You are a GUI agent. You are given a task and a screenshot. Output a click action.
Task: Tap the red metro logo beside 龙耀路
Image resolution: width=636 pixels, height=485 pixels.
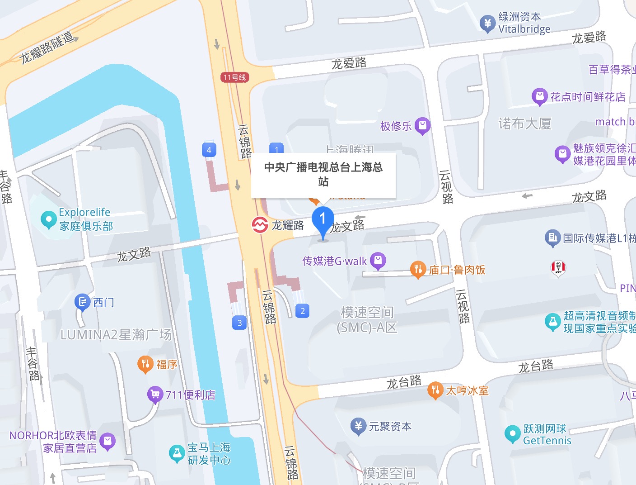[260, 224]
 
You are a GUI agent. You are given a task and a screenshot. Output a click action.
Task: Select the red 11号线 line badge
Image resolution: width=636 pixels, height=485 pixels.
[235, 77]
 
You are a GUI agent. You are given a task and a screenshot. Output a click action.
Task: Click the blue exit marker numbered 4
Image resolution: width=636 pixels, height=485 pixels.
[209, 150]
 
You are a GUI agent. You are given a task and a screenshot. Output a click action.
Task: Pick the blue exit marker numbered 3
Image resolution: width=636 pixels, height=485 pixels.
[239, 323]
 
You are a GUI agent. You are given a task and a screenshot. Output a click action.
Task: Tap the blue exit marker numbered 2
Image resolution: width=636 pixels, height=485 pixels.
[303, 311]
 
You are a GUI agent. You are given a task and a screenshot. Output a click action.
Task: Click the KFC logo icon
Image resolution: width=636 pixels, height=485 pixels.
[558, 267]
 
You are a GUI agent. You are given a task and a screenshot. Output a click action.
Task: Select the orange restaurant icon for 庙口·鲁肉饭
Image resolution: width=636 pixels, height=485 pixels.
[418, 270]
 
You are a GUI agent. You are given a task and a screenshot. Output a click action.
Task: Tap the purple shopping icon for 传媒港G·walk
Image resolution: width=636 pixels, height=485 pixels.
[378, 261]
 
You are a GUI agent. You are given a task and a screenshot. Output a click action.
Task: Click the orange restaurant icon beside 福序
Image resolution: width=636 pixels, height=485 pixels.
[145, 364]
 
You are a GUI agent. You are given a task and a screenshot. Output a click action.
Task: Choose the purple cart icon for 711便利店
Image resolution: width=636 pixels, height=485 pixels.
[155, 395]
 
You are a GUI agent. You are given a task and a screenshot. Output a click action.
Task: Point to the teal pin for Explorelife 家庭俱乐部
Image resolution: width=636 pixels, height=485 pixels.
[48, 219]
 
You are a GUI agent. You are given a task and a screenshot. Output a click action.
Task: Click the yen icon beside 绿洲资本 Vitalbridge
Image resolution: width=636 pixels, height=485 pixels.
[487, 23]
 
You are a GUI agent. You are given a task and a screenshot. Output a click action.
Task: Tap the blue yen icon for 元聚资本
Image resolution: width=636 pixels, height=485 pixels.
[358, 426]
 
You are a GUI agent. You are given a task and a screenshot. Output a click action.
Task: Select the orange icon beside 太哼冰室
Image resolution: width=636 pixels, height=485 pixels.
[435, 390]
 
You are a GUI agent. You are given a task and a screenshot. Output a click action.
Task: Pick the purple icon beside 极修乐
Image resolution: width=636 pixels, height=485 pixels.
[422, 126]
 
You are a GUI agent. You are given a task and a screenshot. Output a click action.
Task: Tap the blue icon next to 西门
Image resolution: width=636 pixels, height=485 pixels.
[82, 302]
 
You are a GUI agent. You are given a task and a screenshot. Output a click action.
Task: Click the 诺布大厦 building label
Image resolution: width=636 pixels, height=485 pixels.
[524, 124]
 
